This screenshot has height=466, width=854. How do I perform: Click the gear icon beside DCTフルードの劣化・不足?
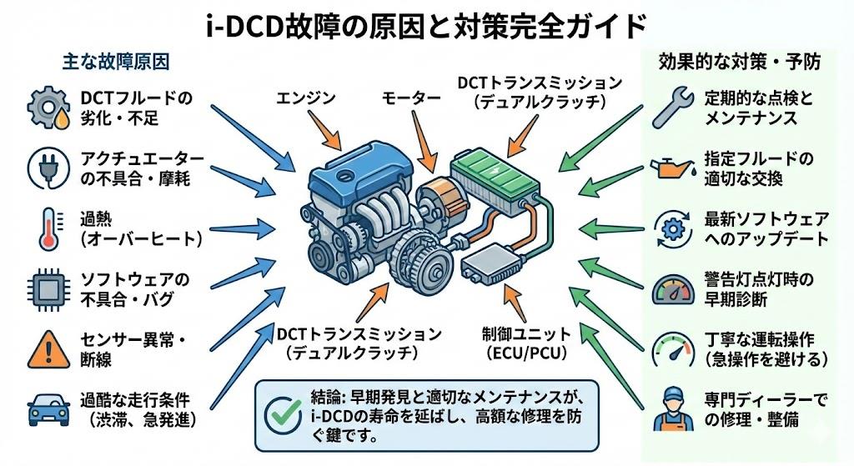click(46, 108)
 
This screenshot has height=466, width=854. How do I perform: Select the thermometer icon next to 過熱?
click(46, 228)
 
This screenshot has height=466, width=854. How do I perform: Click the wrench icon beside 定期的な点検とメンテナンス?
click(673, 106)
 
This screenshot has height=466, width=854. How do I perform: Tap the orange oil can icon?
click(673, 167)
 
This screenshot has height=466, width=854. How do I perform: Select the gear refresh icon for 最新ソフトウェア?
click(673, 227)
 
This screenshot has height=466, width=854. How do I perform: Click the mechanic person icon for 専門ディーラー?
click(673, 408)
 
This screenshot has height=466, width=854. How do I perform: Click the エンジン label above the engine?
click(305, 98)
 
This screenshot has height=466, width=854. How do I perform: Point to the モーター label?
click(411, 98)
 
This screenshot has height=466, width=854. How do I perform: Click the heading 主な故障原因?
click(116, 63)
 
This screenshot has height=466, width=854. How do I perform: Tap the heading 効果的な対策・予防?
click(739, 63)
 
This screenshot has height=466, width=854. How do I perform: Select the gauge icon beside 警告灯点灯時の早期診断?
click(673, 288)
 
